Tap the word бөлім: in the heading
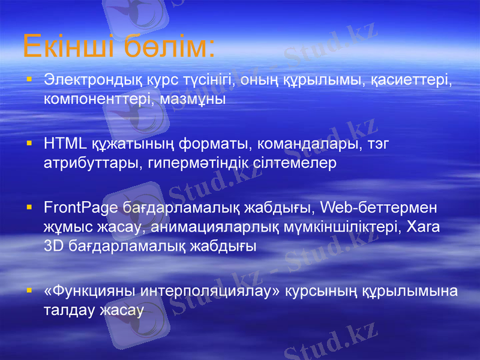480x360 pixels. [169, 47]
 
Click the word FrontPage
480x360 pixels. [77, 208]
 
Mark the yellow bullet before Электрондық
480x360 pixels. [29, 80]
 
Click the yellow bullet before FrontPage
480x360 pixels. [29, 208]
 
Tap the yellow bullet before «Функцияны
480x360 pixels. [29, 292]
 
